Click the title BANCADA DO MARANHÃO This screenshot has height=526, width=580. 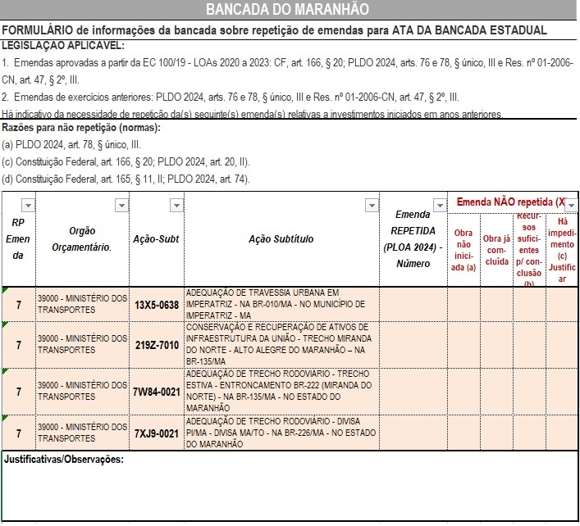[287, 9]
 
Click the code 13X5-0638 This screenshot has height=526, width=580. [157, 304]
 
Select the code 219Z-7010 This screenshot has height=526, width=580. [157, 346]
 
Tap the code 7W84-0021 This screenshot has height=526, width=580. [157, 391]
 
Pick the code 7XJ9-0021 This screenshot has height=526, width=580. [157, 433]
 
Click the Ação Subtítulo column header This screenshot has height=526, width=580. [281, 239]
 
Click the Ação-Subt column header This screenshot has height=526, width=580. [157, 239]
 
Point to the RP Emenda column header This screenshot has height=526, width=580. [18, 239]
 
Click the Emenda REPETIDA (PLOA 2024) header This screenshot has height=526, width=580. [413, 239]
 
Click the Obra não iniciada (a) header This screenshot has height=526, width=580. [464, 250]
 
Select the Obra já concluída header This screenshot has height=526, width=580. [497, 250]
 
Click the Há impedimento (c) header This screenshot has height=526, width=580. [562, 250]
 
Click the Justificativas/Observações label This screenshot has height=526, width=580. [64, 459]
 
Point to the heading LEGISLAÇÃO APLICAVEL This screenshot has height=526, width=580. [63, 45]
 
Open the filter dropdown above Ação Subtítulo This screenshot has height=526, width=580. [372, 205]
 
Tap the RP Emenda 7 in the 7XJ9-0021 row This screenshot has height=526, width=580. [18, 433]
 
